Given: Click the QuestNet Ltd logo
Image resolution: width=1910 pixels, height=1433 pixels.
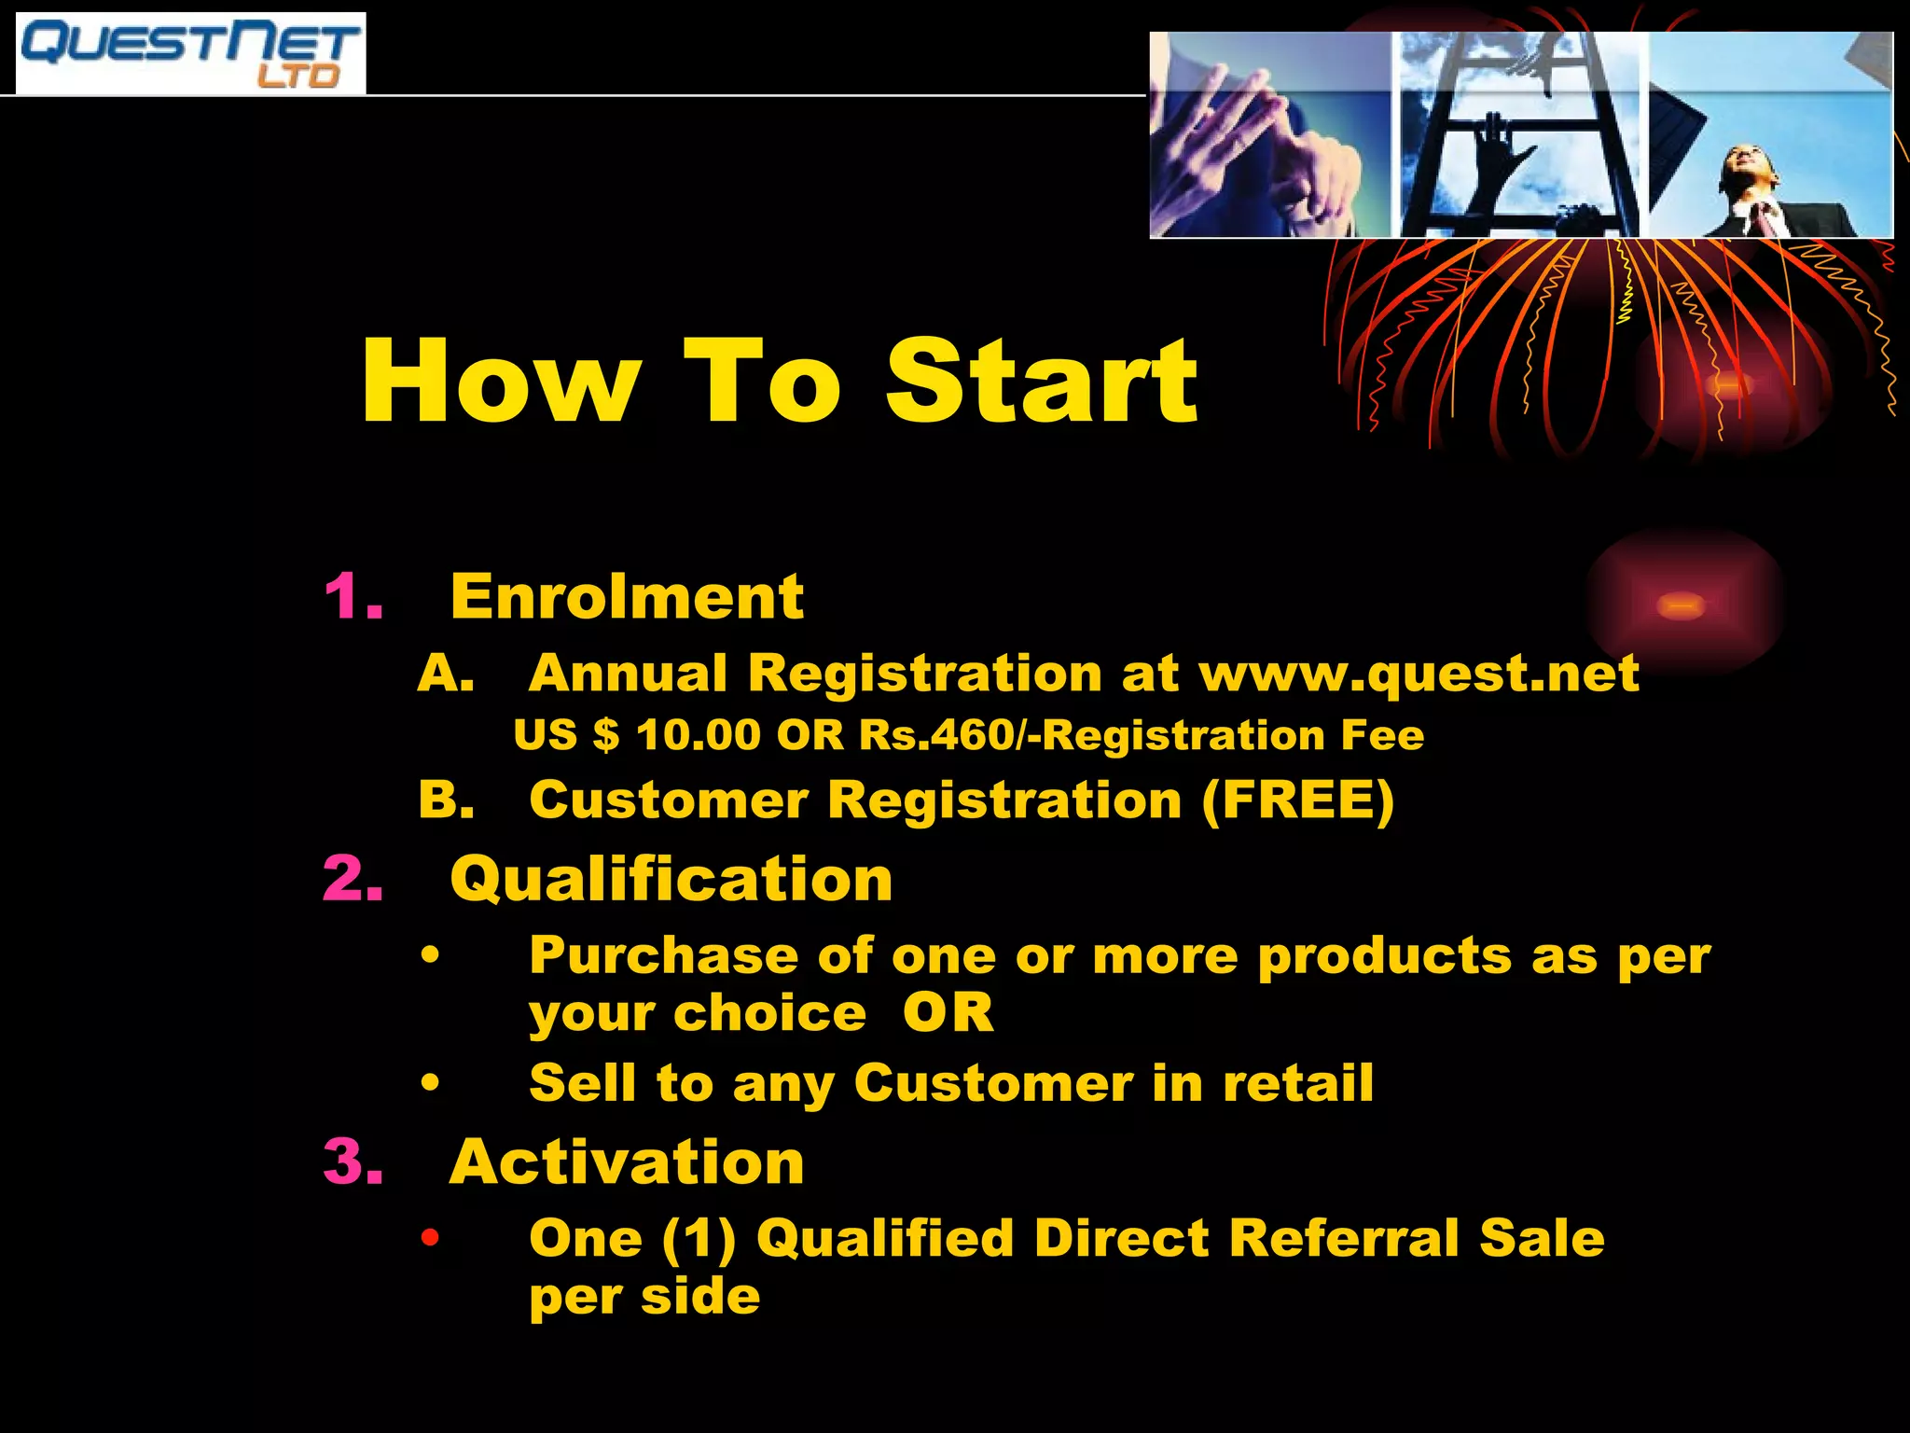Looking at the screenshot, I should click(191, 53).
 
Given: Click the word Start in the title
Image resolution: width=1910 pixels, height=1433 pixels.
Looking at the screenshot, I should click(1041, 382).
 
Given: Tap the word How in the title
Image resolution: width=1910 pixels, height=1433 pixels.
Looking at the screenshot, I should click(501, 382).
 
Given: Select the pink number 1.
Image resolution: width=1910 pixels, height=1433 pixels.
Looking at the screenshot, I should click(353, 596).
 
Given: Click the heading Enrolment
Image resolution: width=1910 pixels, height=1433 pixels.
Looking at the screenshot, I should click(626, 596).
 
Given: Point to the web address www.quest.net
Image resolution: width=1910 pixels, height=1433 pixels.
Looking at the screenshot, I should click(1418, 674).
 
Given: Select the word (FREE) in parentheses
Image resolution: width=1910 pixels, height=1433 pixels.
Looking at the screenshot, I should click(1297, 800).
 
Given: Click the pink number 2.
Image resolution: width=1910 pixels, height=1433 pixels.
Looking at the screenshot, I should click(353, 879).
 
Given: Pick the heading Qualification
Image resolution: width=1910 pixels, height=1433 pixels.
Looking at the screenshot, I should click(671, 879).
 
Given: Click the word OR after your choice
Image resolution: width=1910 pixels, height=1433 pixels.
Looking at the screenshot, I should click(948, 1012).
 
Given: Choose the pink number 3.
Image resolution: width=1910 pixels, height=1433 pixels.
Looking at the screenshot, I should click(353, 1162).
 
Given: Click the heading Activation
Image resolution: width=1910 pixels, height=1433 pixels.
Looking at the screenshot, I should click(626, 1162).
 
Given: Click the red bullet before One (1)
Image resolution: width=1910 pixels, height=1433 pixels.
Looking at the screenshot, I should click(429, 1238).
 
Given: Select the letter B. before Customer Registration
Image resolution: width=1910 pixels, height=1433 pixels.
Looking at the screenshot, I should click(445, 800).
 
